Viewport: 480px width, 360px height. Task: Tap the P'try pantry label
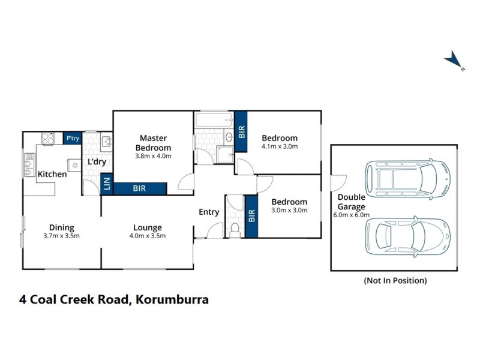73,139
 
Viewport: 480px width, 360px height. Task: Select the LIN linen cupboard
107,183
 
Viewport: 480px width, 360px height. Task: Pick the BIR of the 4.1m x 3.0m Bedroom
241,131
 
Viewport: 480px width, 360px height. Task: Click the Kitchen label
52,174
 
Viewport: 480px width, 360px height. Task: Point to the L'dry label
97,162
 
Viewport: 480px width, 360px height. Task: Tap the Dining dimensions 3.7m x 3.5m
61,235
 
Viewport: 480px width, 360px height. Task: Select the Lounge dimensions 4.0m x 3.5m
147,235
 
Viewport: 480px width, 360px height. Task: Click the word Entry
209,212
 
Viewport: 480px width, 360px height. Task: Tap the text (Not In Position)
395,280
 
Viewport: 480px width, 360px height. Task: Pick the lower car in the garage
407,236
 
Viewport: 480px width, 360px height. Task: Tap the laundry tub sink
106,142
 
